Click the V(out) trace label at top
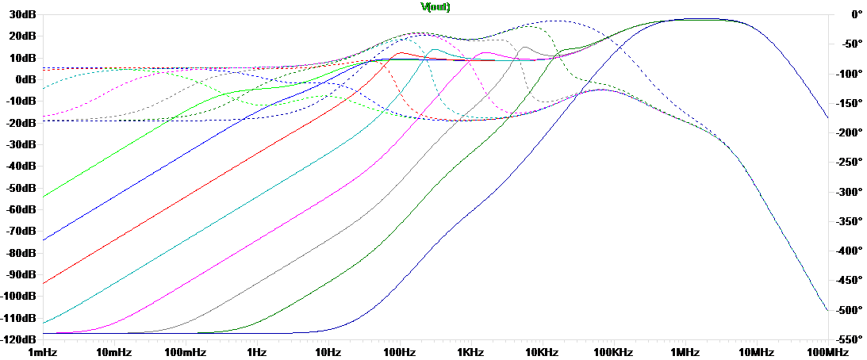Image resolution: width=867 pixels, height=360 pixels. click(x=435, y=6)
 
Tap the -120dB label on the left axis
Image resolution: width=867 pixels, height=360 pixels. click(x=18, y=339)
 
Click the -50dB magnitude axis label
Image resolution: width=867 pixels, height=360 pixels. click(x=20, y=188)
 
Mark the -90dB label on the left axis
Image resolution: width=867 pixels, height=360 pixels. click(x=20, y=274)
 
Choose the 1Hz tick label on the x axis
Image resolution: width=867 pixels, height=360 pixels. click(x=256, y=351)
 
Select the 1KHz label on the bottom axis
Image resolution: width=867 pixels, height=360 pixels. click(x=470, y=351)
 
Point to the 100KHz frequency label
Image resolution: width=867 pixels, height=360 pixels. click(x=612, y=351)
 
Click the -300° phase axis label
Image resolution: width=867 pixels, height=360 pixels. click(x=846, y=192)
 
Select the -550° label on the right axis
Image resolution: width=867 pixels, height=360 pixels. click(x=846, y=339)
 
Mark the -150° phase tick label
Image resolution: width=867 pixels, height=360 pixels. click(x=846, y=103)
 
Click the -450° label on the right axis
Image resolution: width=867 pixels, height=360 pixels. click(x=846, y=280)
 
